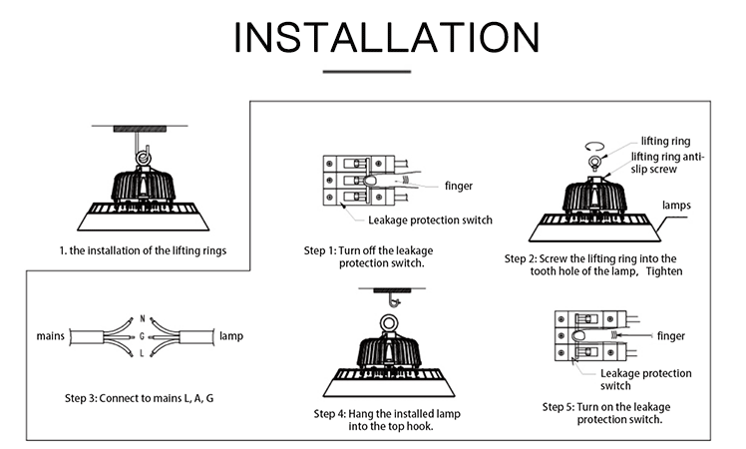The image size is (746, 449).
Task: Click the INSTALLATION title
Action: pyautogui.click(x=387, y=37)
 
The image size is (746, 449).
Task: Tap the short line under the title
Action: pyautogui.click(x=367, y=72)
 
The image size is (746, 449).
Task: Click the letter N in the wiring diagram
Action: pyautogui.click(x=143, y=319)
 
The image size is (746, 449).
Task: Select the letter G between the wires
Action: pyautogui.click(x=142, y=336)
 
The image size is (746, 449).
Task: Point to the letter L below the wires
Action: pyautogui.click(x=142, y=353)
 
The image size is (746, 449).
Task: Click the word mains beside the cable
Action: pyautogui.click(x=51, y=336)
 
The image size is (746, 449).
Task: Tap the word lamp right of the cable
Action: pyautogui.click(x=231, y=336)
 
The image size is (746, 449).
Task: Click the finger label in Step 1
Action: pyautogui.click(x=459, y=186)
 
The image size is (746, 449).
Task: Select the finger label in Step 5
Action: pyautogui.click(x=671, y=336)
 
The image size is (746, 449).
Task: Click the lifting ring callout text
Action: pyautogui.click(x=665, y=141)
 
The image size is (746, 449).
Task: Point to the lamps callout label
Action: pyautogui.click(x=676, y=206)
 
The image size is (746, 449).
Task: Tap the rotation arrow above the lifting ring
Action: pyautogui.click(x=594, y=147)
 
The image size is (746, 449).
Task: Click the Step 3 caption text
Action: pyautogui.click(x=139, y=398)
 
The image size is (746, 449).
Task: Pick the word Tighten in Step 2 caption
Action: pyautogui.click(x=664, y=271)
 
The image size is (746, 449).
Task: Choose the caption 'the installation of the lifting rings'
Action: pyautogui.click(x=148, y=250)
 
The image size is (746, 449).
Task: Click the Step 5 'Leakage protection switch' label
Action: pyautogui.click(x=645, y=379)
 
